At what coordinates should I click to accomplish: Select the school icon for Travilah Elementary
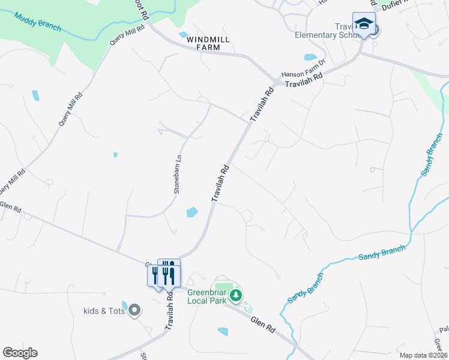click(363, 25)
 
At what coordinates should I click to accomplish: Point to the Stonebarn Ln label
click(178, 174)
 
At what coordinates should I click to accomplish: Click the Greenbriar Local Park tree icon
click(237, 295)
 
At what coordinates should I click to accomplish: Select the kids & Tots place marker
click(134, 310)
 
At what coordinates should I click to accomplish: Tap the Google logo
click(20, 352)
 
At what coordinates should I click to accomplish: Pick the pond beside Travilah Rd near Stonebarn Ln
click(191, 212)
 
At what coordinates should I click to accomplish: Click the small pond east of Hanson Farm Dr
click(310, 58)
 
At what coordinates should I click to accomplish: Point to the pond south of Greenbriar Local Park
click(223, 331)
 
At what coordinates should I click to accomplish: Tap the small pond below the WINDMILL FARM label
click(183, 34)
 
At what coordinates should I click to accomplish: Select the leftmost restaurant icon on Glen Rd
click(155, 275)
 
